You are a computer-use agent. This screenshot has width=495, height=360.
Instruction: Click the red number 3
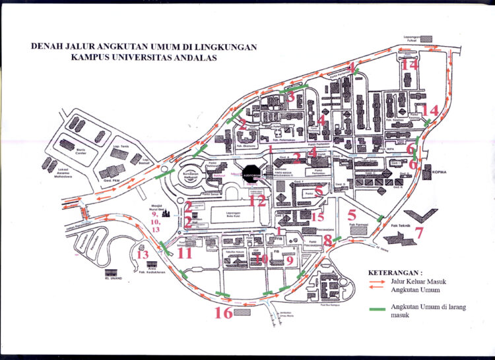(x=290, y=98)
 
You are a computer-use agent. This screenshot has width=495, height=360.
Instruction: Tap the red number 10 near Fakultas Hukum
(x=261, y=260)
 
